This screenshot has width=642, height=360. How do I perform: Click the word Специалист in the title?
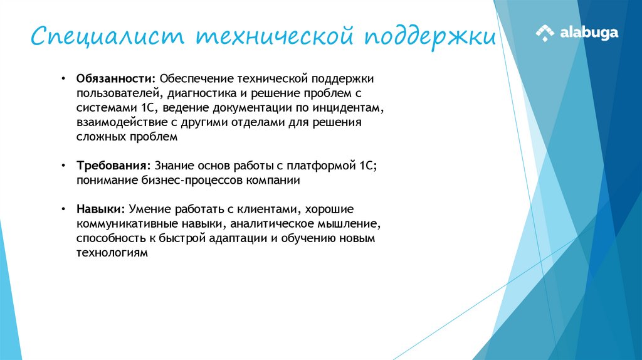pos(107,36)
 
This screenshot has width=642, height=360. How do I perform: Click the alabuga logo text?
pos(589,33)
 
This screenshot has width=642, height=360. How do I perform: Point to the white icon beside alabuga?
pos(545,33)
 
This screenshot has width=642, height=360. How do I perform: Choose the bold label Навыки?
pos(100,209)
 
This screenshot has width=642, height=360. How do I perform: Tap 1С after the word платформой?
pos(366,166)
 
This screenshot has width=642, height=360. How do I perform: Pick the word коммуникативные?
pos(119,223)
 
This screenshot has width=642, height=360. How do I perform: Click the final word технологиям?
pos(112,253)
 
